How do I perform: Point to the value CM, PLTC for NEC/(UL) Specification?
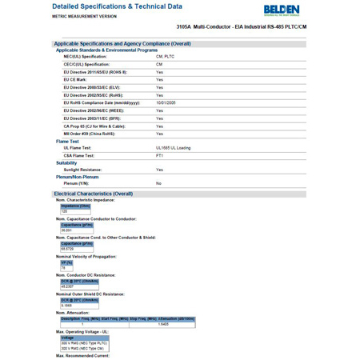tap(165, 57)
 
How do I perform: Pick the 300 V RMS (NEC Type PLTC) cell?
tap(84, 342)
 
